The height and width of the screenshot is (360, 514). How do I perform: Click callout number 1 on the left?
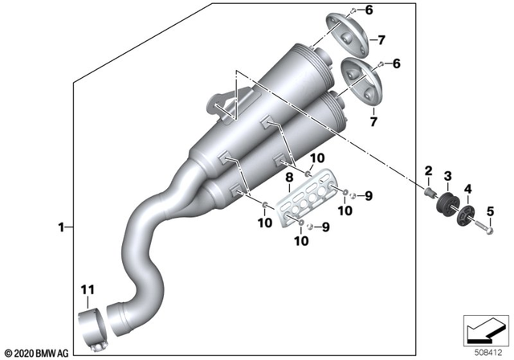59,227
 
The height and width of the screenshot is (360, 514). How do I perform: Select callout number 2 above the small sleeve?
428,170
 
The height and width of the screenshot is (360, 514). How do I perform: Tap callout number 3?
448,175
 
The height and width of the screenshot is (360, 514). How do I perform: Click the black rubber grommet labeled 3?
446,204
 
